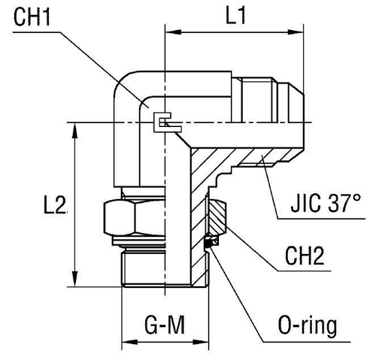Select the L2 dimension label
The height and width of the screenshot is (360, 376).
[x=56, y=204]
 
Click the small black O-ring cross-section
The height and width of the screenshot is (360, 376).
[x=212, y=242]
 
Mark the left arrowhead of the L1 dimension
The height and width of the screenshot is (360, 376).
[x=171, y=34]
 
